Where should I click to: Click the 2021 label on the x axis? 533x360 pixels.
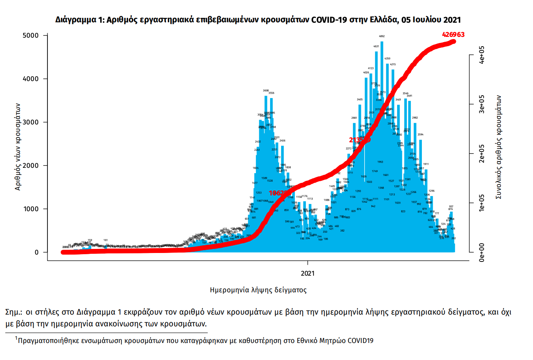[308, 274]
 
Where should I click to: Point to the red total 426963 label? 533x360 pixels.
[453, 35]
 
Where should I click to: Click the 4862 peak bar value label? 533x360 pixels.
[382, 36]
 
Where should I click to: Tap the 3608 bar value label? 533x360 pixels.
[266, 91]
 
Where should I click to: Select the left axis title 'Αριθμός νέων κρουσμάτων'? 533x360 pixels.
[18, 146]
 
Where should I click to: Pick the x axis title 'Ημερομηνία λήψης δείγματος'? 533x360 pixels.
[258, 290]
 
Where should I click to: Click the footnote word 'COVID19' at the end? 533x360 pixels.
[360, 341]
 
